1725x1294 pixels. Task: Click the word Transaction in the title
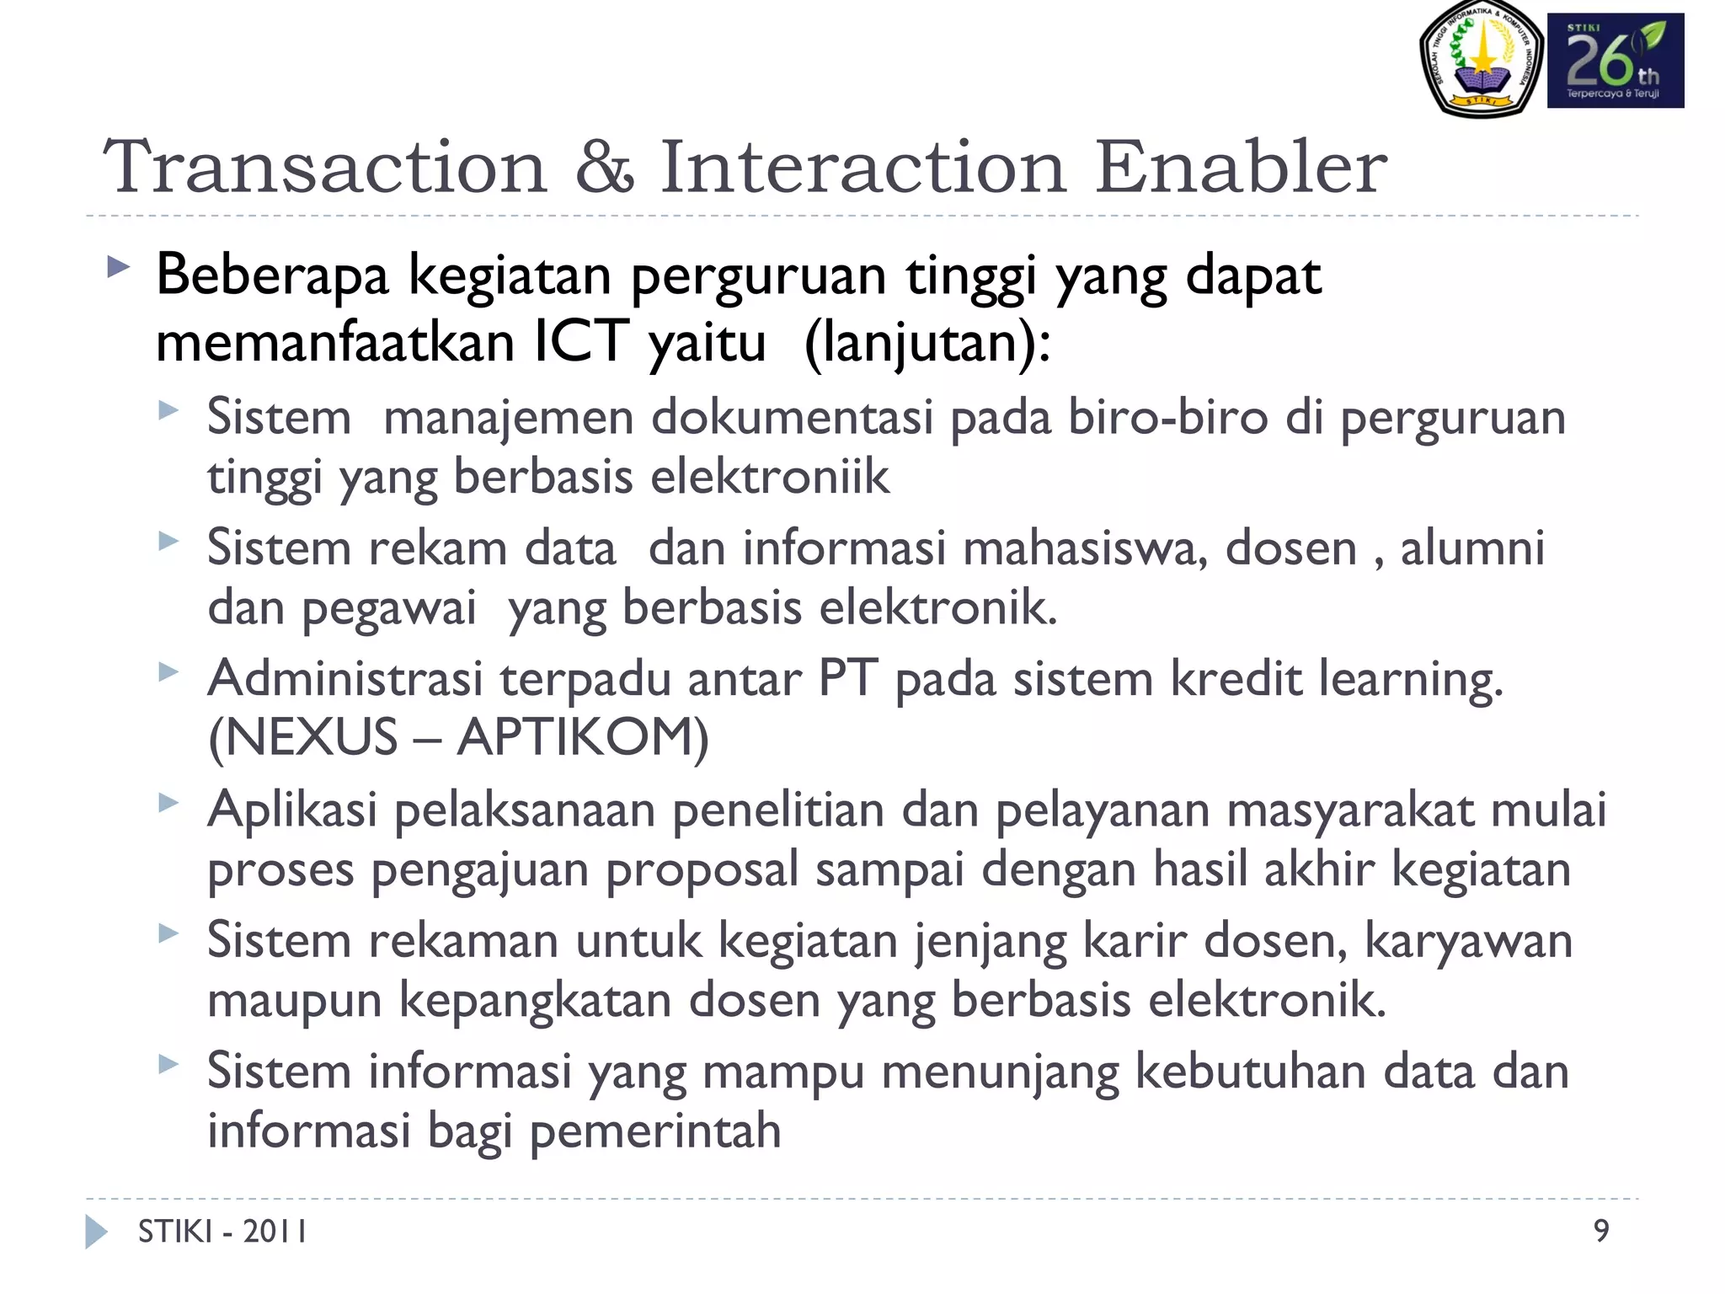[x=325, y=167]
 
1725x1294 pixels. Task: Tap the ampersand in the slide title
[x=603, y=167]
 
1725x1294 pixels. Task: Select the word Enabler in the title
[x=1240, y=167]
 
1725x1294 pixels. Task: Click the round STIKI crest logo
[x=1481, y=59]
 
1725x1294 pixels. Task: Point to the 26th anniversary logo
[x=1615, y=61]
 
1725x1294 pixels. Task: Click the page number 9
[x=1601, y=1231]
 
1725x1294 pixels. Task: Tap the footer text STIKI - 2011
[x=222, y=1232]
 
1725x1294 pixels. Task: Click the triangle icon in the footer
[x=96, y=1232]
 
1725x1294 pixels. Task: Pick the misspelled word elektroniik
[x=770, y=477]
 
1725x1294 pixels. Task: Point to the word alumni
[x=1472, y=548]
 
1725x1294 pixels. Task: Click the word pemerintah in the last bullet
[x=655, y=1131]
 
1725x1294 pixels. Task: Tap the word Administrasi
[x=345, y=678]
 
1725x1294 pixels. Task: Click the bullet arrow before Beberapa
[x=119, y=269]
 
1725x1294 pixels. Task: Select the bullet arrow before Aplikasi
[x=168, y=803]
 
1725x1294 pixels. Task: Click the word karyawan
[x=1468, y=940]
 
